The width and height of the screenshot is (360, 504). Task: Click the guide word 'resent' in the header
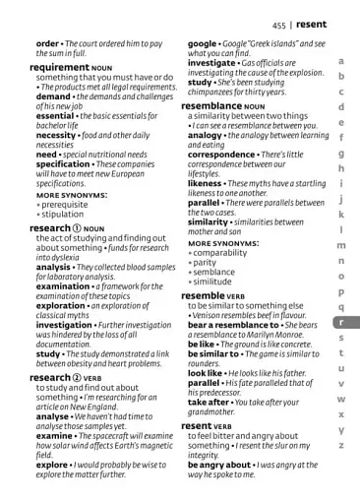[311, 25]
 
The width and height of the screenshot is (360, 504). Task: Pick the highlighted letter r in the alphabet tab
[340, 322]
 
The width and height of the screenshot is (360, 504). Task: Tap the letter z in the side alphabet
[340, 445]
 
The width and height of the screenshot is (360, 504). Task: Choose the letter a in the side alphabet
[340, 61]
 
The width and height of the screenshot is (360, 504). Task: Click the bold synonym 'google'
[203, 44]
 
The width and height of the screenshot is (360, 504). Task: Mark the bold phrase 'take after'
[209, 402]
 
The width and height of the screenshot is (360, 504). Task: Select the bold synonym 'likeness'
[205, 183]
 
